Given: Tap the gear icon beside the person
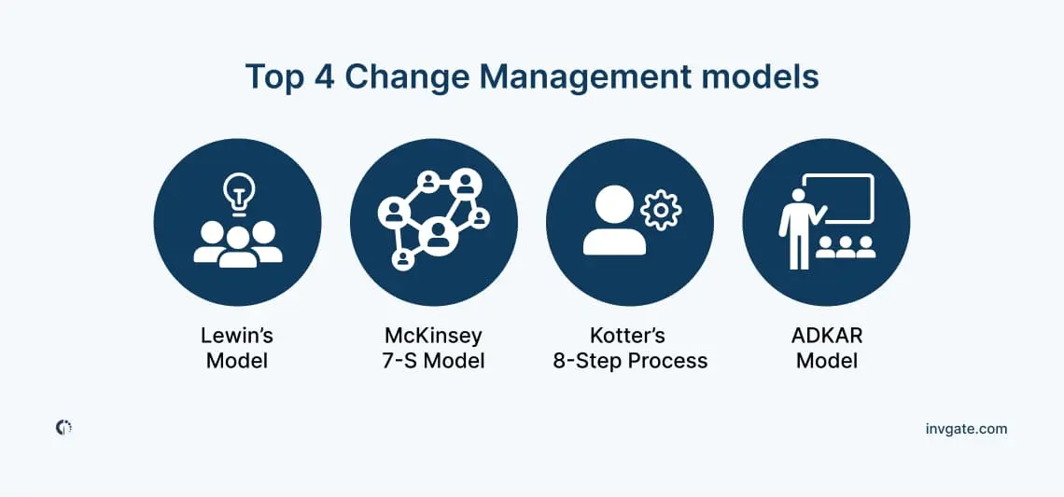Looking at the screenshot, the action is [x=661, y=210].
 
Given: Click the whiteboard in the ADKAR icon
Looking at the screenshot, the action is [x=838, y=198].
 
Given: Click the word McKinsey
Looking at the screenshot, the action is [x=433, y=336].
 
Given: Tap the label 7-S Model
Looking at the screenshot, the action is [x=433, y=360].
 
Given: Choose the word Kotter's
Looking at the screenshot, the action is [x=629, y=335].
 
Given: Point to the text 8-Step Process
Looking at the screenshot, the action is [x=630, y=360].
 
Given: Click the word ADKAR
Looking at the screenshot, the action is [x=827, y=335].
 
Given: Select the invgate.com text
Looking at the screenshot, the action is [x=966, y=429].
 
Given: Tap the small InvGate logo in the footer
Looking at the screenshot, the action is [x=63, y=428].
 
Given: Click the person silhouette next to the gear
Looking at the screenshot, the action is [x=614, y=220].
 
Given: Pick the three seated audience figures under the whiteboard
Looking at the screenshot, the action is [x=846, y=247].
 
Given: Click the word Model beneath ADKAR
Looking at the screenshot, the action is [x=827, y=360].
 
